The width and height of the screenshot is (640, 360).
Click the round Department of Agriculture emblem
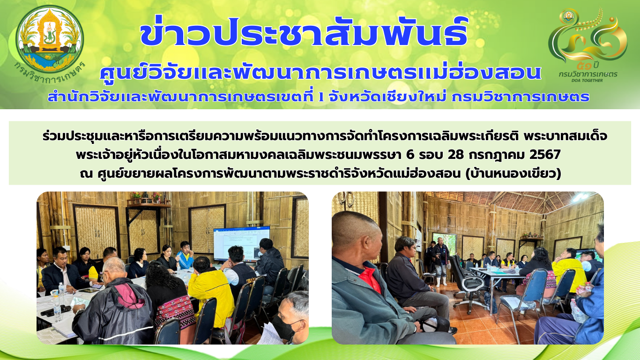[x=50, y=39]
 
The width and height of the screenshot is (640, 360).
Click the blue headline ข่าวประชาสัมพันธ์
[x=304, y=32]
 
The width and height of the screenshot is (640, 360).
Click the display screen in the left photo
[x=242, y=244]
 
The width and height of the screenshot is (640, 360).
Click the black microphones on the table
[x=56, y=310]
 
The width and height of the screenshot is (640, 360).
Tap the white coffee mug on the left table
[x=54, y=293]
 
